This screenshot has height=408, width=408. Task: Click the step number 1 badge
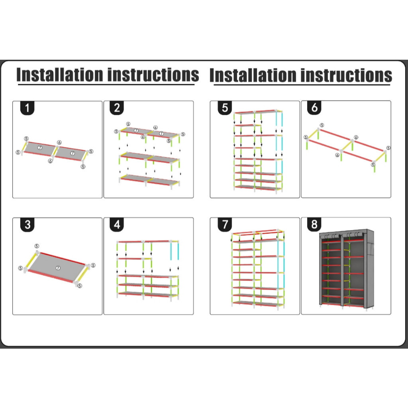[x=27, y=108]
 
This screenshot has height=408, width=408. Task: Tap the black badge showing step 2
[x=117, y=108]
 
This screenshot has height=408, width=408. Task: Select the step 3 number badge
[x=27, y=225]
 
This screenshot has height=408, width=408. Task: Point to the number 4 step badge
[x=117, y=224]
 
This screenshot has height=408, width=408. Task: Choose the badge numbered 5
[x=225, y=108]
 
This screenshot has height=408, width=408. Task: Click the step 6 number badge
[x=314, y=108]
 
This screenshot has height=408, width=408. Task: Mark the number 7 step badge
[x=225, y=224]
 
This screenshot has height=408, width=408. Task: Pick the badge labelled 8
[x=314, y=224]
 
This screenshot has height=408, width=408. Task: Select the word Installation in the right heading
[x=253, y=75]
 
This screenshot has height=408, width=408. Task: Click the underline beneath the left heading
[x=106, y=84]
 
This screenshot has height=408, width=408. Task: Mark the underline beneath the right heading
[x=302, y=85]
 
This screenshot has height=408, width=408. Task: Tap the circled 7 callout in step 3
[x=58, y=268]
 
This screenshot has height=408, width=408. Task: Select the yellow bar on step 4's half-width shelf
[x=147, y=259]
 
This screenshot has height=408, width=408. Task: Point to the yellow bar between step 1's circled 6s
[x=55, y=151]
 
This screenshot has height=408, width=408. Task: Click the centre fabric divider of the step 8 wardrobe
[x=342, y=271]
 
